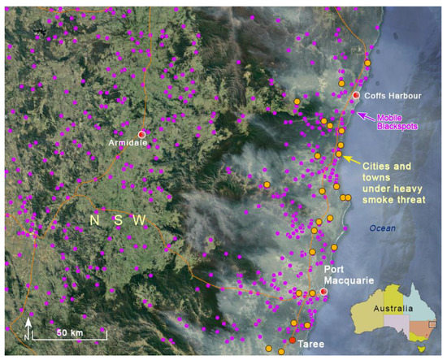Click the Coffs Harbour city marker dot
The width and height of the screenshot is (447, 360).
click(355, 96)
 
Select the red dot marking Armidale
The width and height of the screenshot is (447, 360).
click(141, 133)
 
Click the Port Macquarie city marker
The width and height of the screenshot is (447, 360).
click(323, 291)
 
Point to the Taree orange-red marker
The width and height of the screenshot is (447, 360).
click(293, 340)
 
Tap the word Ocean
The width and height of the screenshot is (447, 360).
click(381, 228)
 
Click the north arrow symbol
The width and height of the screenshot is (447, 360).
click(28, 328)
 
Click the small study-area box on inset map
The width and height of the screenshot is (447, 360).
click(432, 324)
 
